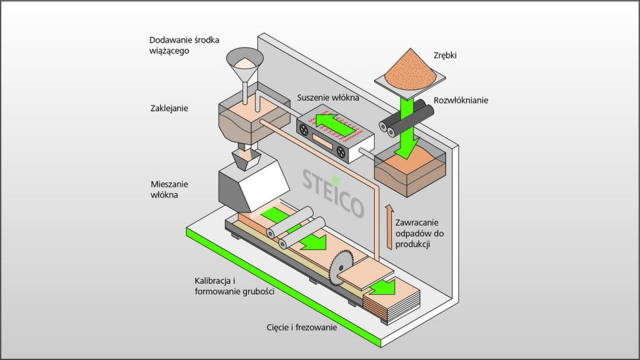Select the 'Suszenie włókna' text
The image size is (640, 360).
[328, 98]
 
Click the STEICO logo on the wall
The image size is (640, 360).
[333, 191]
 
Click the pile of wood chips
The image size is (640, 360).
[406, 66]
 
